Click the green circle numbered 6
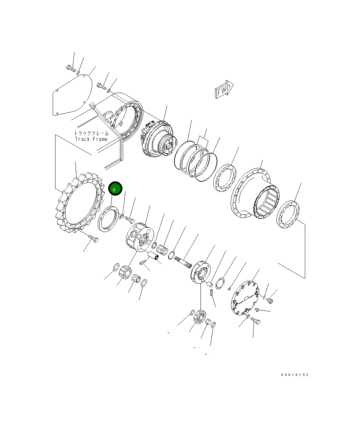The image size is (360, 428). [115, 188]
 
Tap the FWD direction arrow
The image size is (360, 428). [224, 89]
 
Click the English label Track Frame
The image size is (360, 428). [91, 139]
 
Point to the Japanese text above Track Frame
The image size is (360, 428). [91, 134]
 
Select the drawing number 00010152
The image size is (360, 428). [294, 375]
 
